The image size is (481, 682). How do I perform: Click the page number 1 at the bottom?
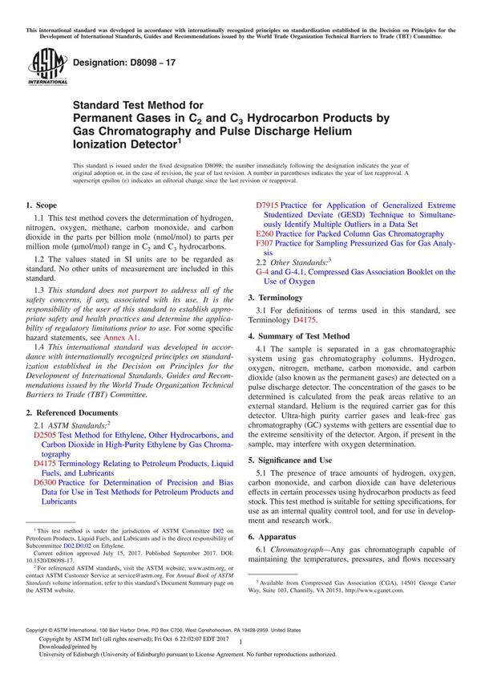tap(240, 655)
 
